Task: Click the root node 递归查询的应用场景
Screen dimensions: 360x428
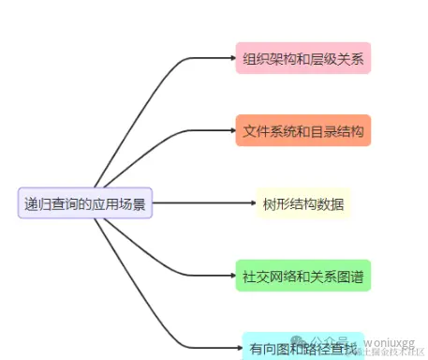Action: point(85,202)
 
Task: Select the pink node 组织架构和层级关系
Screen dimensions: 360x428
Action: point(303,58)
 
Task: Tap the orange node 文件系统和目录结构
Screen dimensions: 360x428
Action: point(303,130)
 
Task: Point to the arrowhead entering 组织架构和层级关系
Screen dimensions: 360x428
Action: point(231,58)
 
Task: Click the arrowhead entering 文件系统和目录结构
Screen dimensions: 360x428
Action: point(231,130)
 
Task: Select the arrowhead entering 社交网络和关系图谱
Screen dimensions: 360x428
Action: point(231,276)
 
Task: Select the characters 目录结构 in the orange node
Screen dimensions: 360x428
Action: point(337,130)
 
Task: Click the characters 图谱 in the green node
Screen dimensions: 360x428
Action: point(351,276)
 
